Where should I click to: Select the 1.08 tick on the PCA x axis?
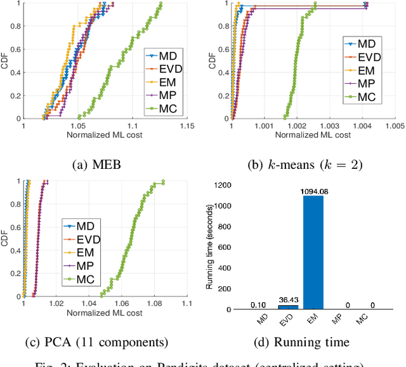pyautogui.click(x=154, y=304)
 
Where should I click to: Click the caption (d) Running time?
pyautogui.click(x=309, y=342)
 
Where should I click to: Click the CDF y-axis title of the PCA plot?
pyautogui.click(x=6, y=238)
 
